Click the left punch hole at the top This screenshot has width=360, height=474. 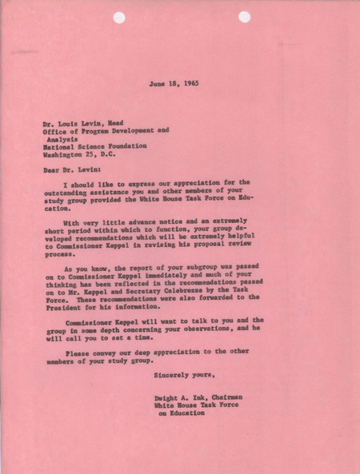pyautogui.click(x=118, y=17)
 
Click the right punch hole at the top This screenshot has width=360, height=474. pyautogui.click(x=243, y=17)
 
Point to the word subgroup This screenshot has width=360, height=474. pyautogui.click(x=212, y=269)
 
